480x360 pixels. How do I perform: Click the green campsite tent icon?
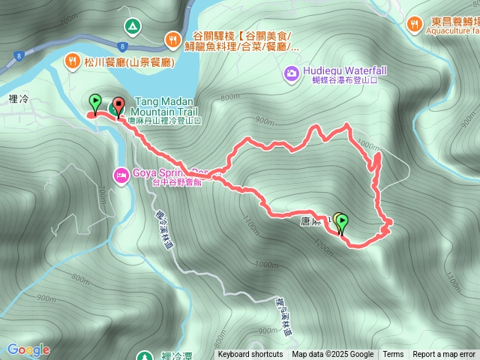[132, 26]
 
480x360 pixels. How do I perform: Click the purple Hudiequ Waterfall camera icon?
[291, 73]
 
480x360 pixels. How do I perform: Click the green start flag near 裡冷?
[95, 100]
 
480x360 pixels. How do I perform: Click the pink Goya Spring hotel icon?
[120, 175]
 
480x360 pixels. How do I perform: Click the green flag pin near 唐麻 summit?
[342, 222]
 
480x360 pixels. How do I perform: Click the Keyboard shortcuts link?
[250, 355]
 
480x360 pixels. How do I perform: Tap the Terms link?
[393, 355]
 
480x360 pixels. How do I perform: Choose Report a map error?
[445, 355]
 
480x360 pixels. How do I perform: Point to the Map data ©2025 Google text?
[333, 355]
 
